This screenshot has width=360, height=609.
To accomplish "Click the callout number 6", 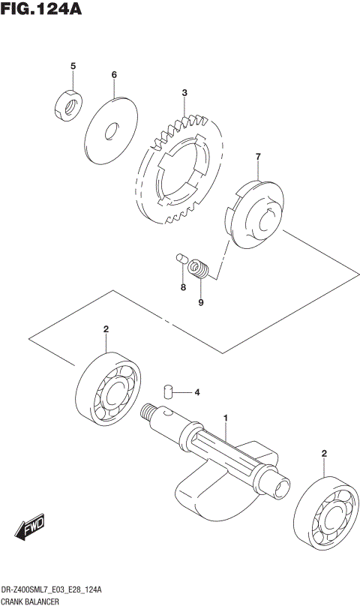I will click(114, 75).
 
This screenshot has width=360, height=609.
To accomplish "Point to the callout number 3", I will click(183, 93).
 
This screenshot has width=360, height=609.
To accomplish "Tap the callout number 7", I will click(257, 157).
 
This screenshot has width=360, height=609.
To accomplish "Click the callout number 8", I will click(182, 286).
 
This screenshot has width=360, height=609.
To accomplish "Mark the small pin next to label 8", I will click(180, 259).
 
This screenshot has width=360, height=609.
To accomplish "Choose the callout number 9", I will click(201, 302).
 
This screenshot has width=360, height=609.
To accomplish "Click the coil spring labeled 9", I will click(199, 268).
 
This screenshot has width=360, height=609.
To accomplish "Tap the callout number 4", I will click(197, 391).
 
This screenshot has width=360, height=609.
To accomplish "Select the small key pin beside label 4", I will click(169, 390).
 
